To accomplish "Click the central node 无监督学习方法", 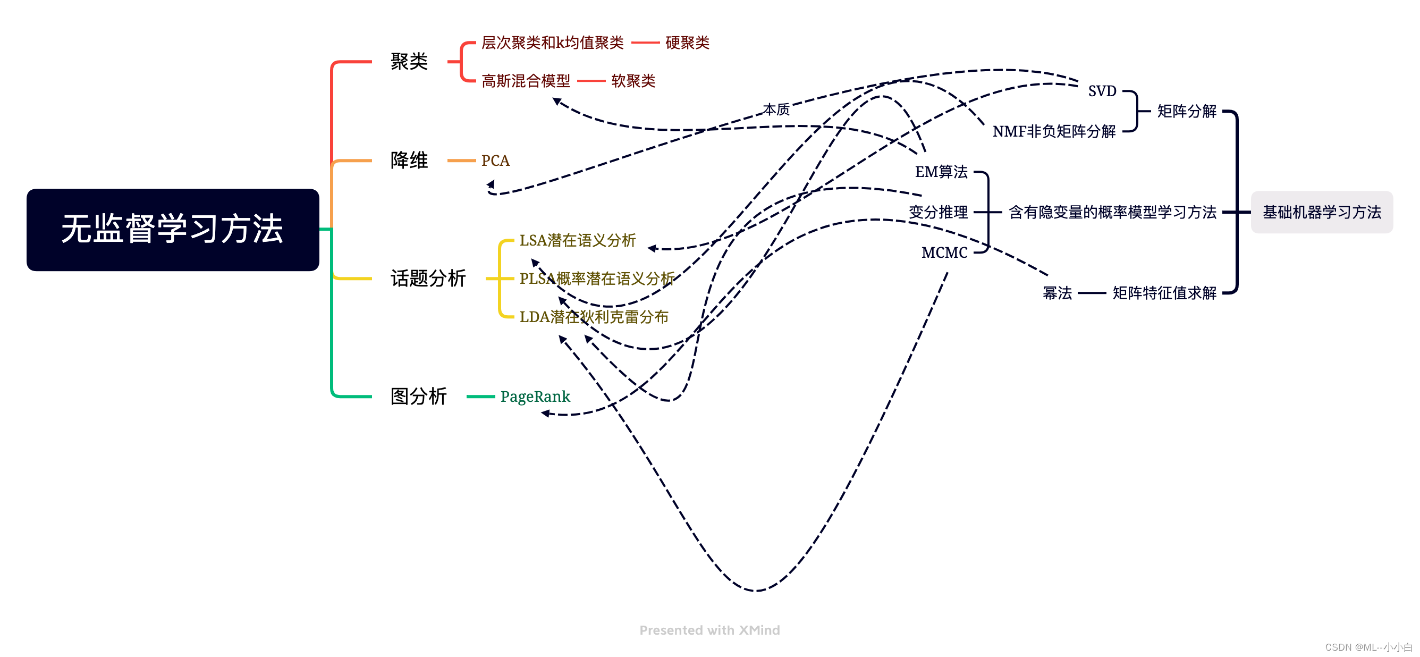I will [173, 229].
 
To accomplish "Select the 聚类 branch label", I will [409, 61].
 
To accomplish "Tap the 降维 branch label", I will [409, 161].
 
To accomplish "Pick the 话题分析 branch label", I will [428, 279].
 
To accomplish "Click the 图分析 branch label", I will [418, 397].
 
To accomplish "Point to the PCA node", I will [495, 161].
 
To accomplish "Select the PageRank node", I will [535, 397].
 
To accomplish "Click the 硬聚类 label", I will [687, 43].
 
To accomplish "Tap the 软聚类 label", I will [633, 81].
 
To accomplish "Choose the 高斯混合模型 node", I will [526, 81].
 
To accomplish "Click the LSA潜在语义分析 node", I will [577, 240].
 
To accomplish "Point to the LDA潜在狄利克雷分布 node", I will [594, 317].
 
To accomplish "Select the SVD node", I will [1101, 91].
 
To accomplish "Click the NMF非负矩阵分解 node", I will [1053, 131].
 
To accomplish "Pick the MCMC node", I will [944, 252].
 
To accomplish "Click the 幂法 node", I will [1056, 293].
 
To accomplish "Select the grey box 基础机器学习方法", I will [1321, 212].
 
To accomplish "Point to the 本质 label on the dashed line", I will [776, 109].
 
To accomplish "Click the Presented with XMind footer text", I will [709, 630].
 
